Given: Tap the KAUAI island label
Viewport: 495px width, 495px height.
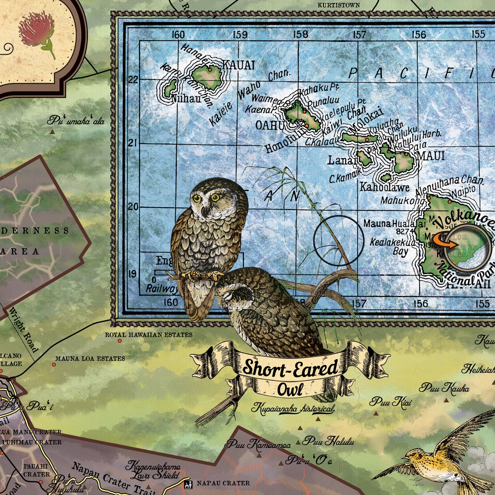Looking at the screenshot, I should coord(238,65).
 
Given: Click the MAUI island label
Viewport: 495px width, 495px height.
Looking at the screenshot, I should coord(431,156).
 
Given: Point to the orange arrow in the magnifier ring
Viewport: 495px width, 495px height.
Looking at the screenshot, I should coord(447,244).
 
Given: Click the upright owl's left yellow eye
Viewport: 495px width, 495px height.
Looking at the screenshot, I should coord(197,198).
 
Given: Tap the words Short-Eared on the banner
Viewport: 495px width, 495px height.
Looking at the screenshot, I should coord(290,368).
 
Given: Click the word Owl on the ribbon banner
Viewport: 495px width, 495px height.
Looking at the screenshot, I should coord(290,389).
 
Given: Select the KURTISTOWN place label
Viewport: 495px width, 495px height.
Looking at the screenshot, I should coord(338,5).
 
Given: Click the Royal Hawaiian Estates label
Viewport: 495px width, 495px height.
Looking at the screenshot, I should coord(148,335).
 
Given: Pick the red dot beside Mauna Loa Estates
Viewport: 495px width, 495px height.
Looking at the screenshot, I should coord(54,364).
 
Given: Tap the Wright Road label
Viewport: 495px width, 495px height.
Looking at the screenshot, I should coord(24,330).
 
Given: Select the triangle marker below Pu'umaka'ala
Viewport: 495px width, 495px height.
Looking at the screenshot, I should coord(52,132).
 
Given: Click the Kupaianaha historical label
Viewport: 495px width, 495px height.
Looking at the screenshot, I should coord(293,408).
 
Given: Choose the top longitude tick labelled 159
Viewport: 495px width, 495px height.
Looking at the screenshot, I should coord(240,34).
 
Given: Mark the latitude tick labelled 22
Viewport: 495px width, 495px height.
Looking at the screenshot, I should coord(133,79).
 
